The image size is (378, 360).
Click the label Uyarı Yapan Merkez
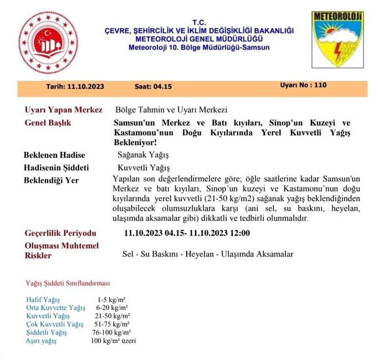(x=64, y=110)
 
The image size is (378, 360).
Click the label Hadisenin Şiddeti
(x=57, y=168)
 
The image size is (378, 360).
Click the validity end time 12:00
(x=238, y=233)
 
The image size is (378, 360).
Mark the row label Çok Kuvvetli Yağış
(x=55, y=324)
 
